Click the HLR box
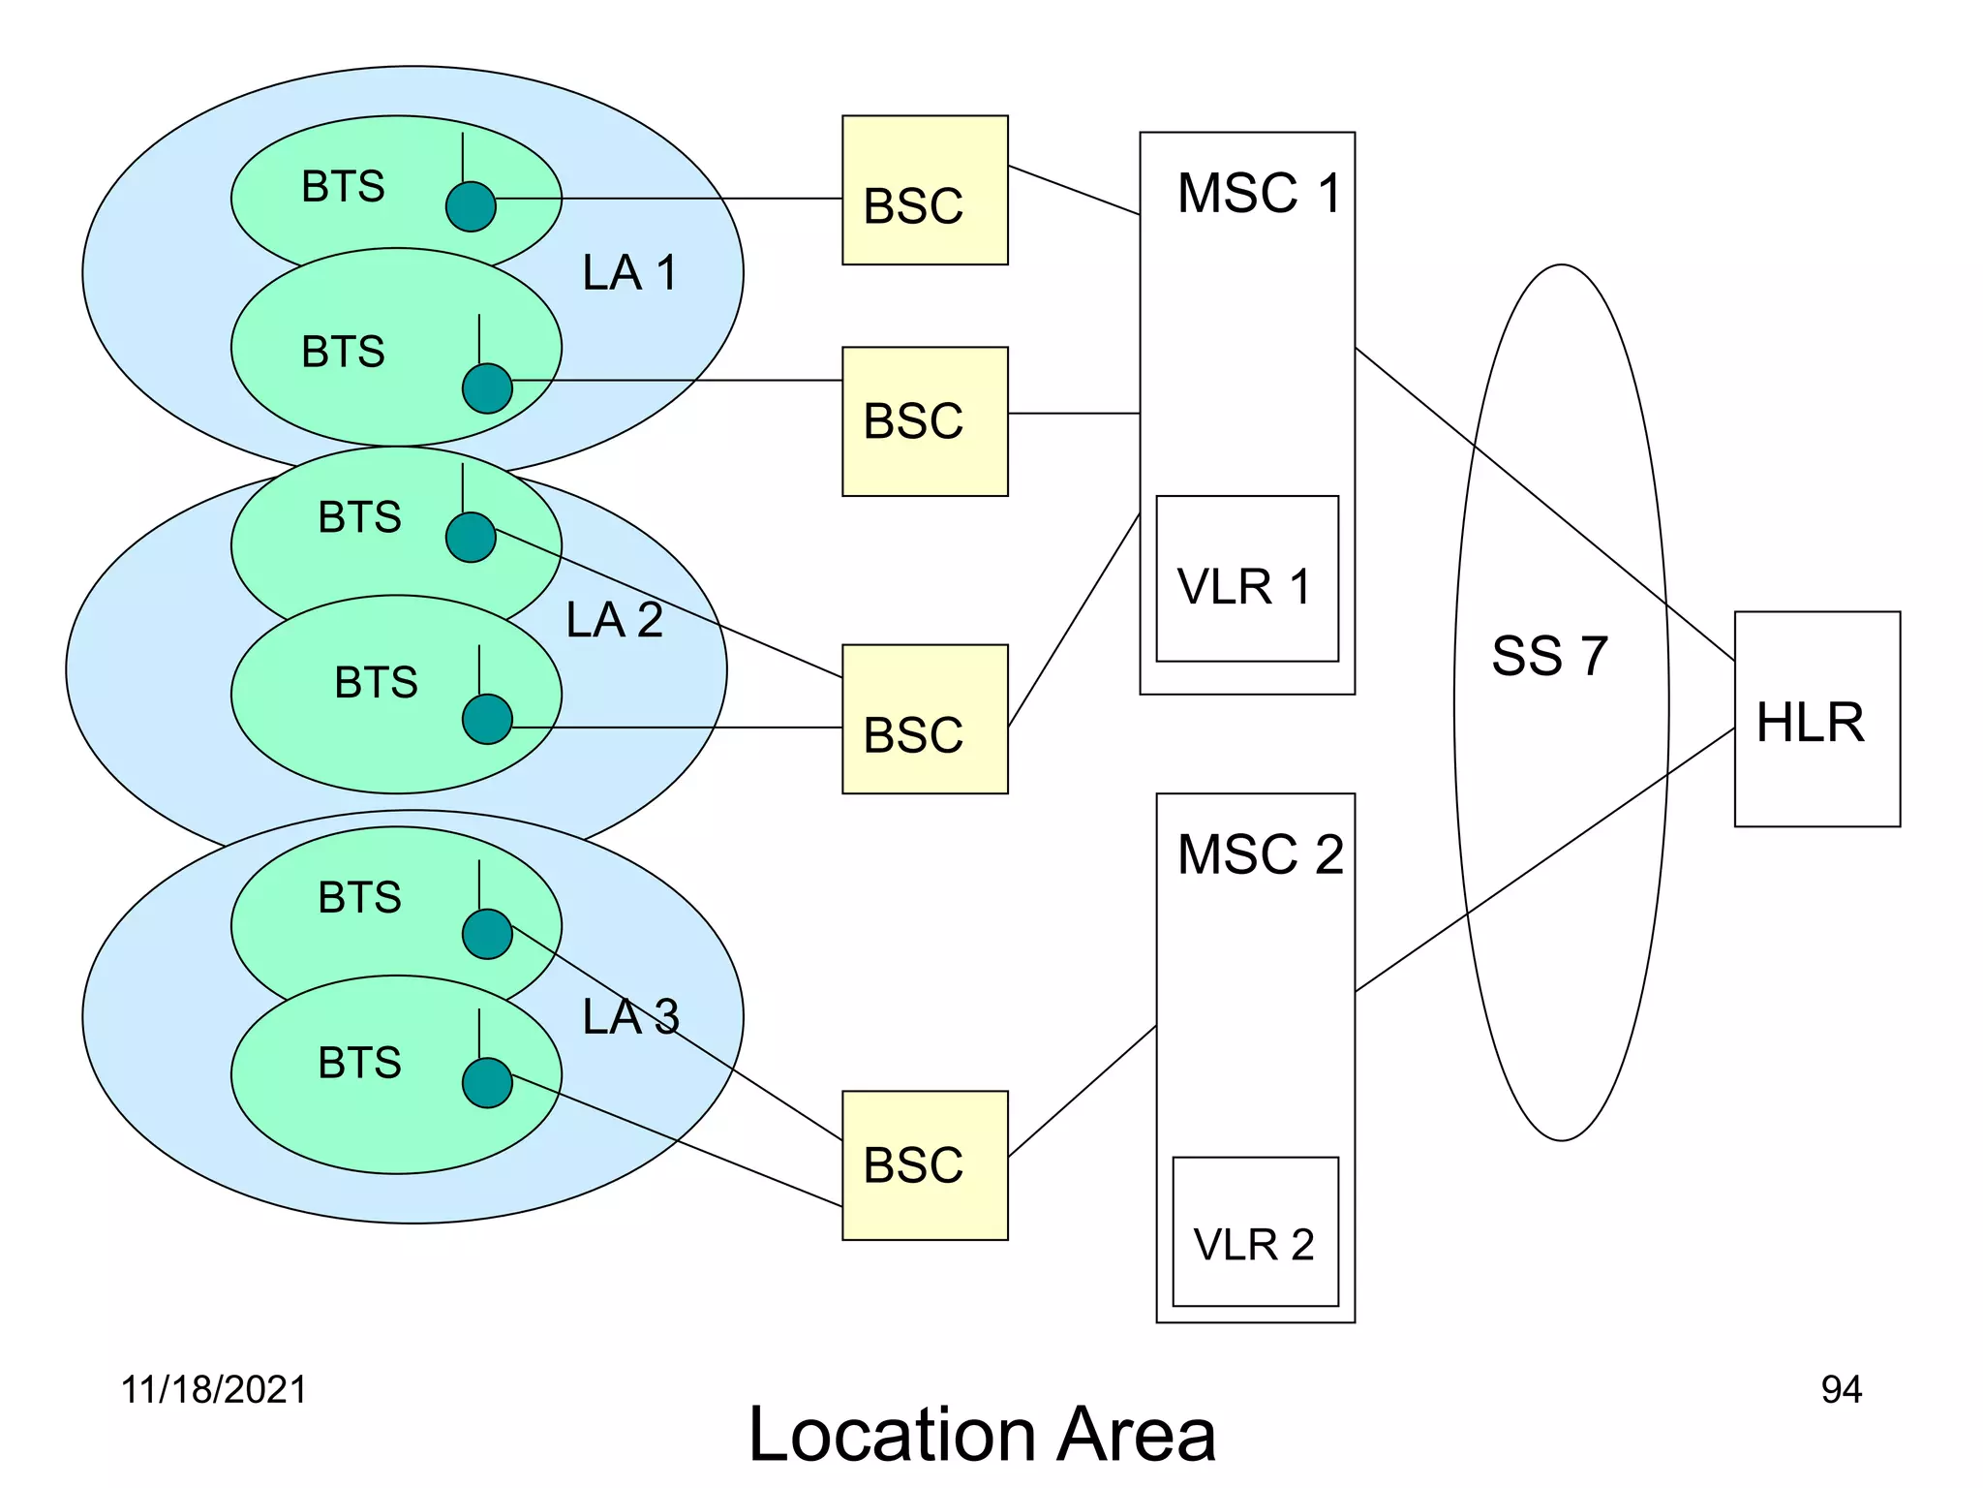1816,719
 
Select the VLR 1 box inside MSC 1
1246,579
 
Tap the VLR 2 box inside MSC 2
1255,1231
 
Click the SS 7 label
1549,656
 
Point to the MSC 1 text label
1259,193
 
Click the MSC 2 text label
1260,854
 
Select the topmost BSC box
925,190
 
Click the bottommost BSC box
925,1165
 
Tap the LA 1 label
629,272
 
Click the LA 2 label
614,620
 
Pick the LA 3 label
630,1017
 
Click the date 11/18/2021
213,1389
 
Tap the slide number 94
1841,1389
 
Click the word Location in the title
893,1435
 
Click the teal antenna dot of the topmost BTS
471,206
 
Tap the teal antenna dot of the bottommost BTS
487,1083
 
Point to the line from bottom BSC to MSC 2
1083,1091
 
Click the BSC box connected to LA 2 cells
925,719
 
